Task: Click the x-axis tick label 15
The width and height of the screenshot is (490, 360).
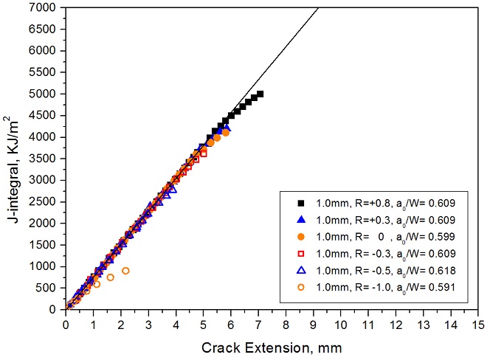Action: click(477, 322)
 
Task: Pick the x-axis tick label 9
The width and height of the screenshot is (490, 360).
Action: click(313, 322)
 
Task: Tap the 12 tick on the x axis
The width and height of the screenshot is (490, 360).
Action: click(395, 322)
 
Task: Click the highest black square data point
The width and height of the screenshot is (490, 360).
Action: click(260, 94)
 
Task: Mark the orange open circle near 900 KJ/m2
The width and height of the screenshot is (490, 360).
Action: click(125, 271)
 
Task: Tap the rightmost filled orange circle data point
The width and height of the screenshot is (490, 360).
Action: click(226, 133)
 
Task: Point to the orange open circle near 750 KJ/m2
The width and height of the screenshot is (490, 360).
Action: click(110, 277)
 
